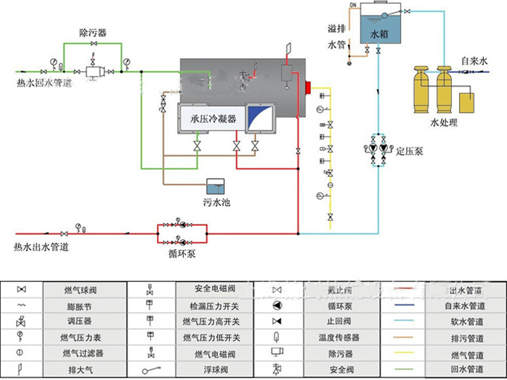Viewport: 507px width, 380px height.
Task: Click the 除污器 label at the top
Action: point(93,32)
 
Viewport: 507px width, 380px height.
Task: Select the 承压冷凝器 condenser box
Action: point(209,119)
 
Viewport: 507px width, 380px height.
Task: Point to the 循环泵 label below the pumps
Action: point(182,254)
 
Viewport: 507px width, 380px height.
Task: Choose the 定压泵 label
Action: point(410,150)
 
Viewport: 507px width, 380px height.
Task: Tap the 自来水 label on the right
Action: point(475,61)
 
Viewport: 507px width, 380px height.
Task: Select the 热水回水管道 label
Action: point(43,84)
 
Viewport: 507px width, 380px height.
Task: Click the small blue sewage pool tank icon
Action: point(216,185)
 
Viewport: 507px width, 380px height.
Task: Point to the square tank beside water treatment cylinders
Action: point(467,102)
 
